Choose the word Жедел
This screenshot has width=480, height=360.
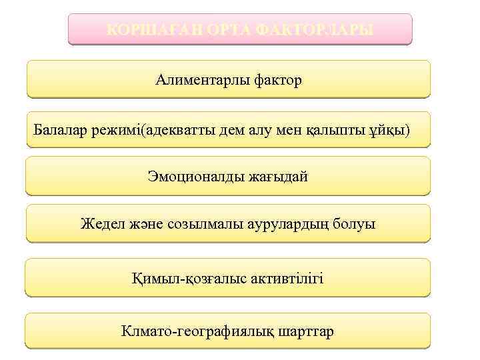(x=101, y=224)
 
